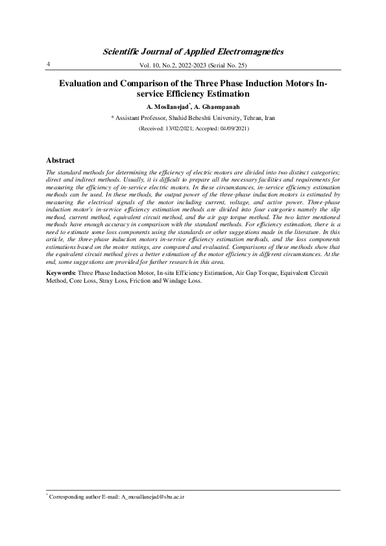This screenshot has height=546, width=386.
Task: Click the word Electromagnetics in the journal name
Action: tap(248, 51)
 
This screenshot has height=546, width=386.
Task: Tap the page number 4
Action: tap(48, 64)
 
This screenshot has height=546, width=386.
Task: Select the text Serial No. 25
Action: tap(227, 66)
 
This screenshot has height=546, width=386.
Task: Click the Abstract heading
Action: tap(60, 160)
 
